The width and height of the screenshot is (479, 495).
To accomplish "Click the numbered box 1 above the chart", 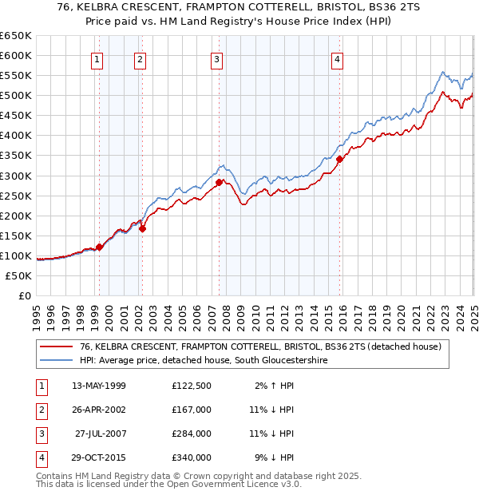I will coord(97,59).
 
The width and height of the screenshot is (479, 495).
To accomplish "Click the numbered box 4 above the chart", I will coord(338,59).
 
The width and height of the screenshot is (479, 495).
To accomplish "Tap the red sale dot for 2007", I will coord(219,182).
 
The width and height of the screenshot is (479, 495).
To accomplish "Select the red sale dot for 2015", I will coord(339,159).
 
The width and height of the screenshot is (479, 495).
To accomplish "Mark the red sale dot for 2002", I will coord(142,228).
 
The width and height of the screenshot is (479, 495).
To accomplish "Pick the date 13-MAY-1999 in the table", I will coord(99,386).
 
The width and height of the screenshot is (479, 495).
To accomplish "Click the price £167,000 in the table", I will coord(192,410).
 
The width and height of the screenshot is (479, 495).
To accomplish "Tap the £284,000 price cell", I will coord(192,434).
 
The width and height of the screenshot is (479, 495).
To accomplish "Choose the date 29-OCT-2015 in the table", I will coord(99,457).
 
